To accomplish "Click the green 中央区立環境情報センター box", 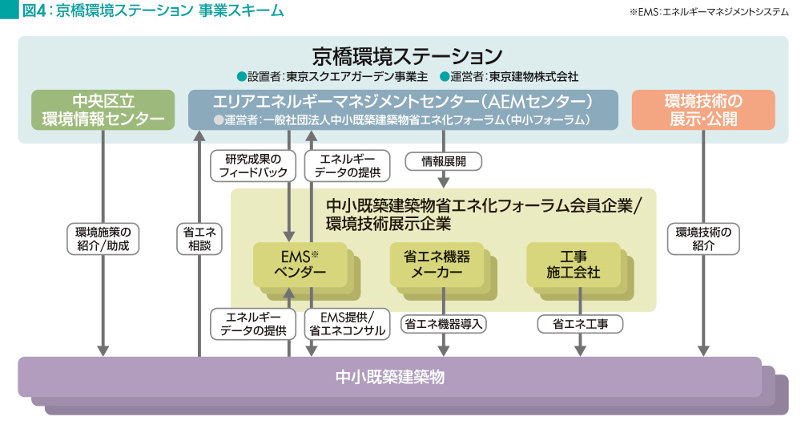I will tap(103, 111).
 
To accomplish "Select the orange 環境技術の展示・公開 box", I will tap(703, 111).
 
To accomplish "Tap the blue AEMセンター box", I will tap(403, 111).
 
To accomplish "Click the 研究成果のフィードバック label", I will tap(248, 165).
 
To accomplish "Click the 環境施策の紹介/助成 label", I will tap(103, 239).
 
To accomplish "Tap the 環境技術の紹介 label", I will tap(703, 239).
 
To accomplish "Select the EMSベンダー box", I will tap(300, 264).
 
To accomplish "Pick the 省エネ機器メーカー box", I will tap(437, 264).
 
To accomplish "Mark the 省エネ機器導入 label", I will tap(443, 324).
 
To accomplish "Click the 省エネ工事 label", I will tap(579, 324).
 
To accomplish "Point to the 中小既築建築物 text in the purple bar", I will tap(389, 376).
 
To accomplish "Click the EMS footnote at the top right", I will tap(710, 11).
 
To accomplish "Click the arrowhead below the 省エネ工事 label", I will tap(580, 350).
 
